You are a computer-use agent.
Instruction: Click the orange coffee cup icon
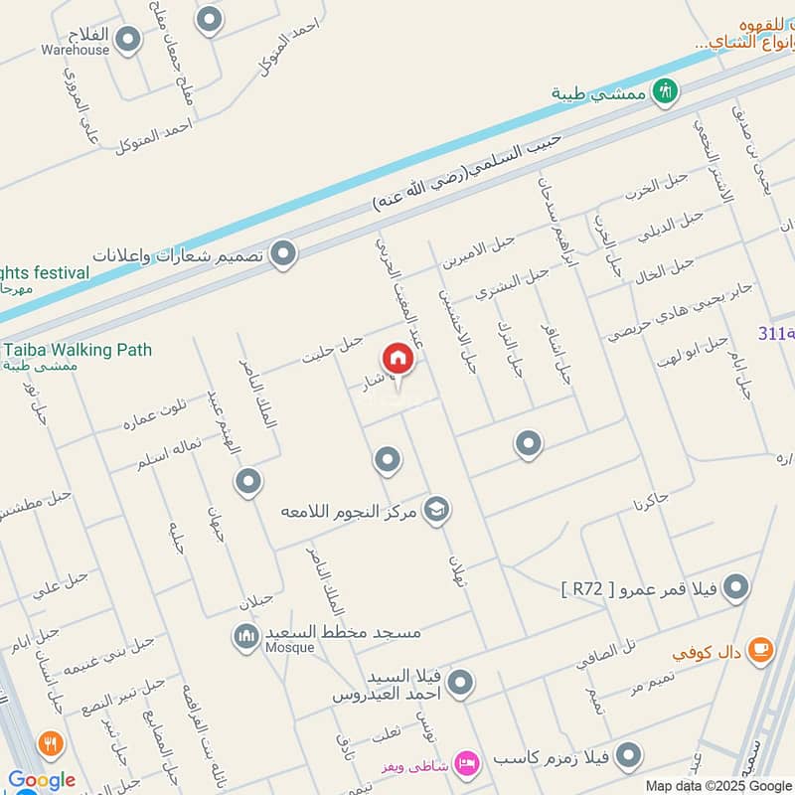pyautogui.click(x=760, y=650)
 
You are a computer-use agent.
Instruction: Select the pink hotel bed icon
pyautogui.click(x=465, y=763)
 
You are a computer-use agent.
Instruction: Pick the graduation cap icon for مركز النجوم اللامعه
pyautogui.click(x=436, y=511)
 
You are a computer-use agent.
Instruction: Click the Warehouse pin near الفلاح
pyautogui.click(x=127, y=40)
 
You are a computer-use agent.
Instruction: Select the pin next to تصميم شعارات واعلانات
pyautogui.click(x=284, y=254)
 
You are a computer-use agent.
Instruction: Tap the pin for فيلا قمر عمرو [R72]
pyautogui.click(x=736, y=588)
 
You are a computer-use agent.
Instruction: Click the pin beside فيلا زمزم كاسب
pyautogui.click(x=626, y=758)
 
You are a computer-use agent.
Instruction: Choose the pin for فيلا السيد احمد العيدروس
pyautogui.click(x=459, y=683)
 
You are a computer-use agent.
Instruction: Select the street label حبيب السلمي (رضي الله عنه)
pyautogui.click(x=467, y=176)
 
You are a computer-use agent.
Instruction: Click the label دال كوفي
pyautogui.click(x=707, y=654)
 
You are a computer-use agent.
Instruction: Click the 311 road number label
pyautogui.click(x=775, y=334)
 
